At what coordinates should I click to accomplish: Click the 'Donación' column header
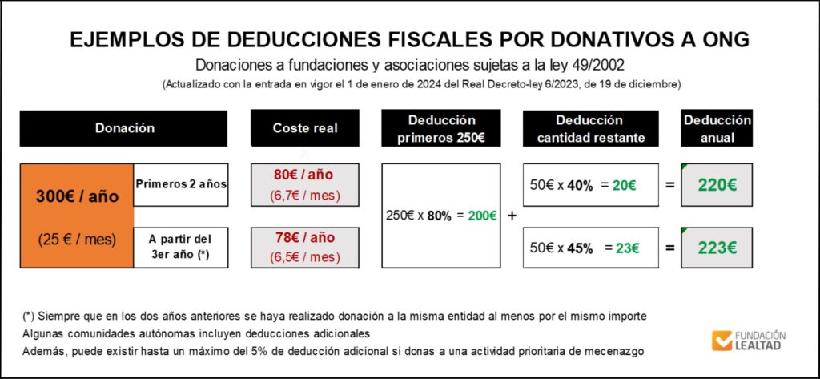point(124,128)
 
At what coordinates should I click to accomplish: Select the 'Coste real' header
point(304,128)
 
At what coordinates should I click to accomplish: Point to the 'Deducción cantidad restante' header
point(591,128)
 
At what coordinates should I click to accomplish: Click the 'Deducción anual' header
point(717,128)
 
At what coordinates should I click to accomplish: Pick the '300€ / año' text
point(76,196)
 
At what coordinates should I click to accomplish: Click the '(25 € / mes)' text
point(76,238)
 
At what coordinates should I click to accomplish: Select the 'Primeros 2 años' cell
point(181,183)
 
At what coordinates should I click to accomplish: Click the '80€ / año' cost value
point(304,175)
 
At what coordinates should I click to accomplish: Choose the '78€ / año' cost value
point(304,238)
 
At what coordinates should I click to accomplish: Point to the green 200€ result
point(482,216)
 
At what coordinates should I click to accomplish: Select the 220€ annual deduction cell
point(717,185)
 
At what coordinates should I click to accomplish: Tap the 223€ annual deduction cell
point(717,248)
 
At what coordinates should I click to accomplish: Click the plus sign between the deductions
point(512,216)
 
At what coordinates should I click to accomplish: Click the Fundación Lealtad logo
point(749,340)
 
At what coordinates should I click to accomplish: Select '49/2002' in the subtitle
point(598,65)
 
